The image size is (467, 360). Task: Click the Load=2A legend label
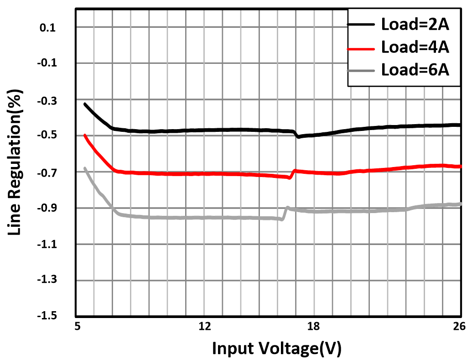(x=415, y=25)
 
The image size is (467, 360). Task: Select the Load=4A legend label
(x=415, y=47)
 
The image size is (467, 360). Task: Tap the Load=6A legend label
(x=415, y=70)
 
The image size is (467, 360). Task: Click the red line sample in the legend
(x=363, y=47)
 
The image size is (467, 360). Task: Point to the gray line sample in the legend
(x=363, y=71)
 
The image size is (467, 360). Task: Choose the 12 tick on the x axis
(x=205, y=326)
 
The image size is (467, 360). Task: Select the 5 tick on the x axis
(x=79, y=326)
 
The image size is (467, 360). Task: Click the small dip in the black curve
(x=298, y=136)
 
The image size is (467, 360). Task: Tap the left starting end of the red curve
(x=85, y=136)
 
